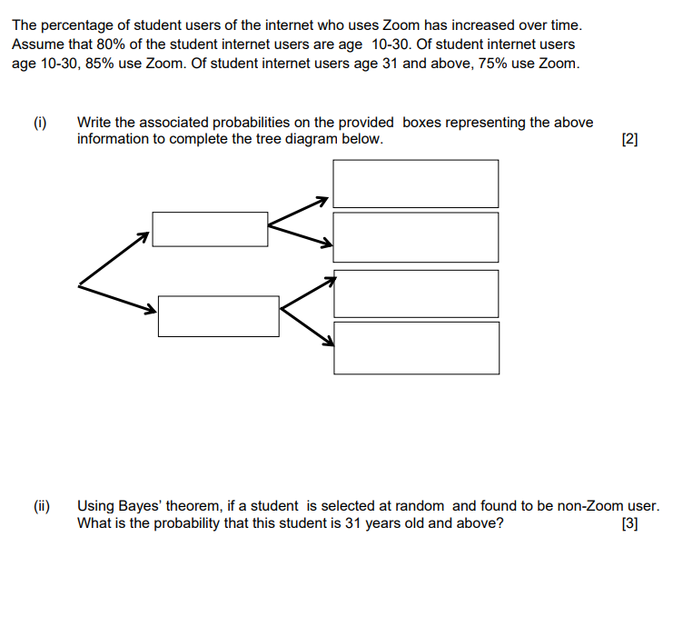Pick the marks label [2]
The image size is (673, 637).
[x=629, y=139]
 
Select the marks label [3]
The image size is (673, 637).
[x=629, y=523]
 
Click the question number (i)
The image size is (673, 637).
[x=41, y=122]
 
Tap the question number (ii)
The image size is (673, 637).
[x=43, y=505]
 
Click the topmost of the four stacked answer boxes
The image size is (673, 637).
[x=416, y=184]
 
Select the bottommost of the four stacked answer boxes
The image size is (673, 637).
[x=416, y=347]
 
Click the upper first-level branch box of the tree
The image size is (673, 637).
[x=210, y=229]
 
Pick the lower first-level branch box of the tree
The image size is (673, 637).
[x=218, y=315]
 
